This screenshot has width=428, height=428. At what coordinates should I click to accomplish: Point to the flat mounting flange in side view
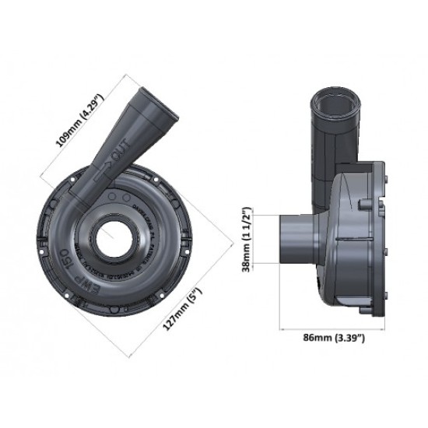tap(381, 233)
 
